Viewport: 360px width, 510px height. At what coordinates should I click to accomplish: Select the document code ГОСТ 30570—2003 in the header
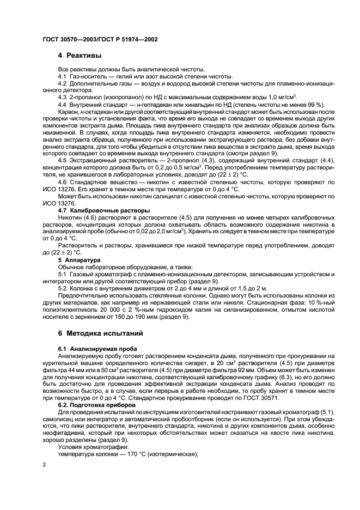(x=68, y=39)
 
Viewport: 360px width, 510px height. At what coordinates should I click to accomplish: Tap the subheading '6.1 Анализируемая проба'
(x=94, y=348)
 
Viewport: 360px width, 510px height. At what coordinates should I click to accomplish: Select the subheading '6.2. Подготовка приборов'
(x=94, y=405)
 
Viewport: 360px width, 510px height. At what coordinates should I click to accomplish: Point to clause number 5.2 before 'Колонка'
(x=63, y=287)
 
